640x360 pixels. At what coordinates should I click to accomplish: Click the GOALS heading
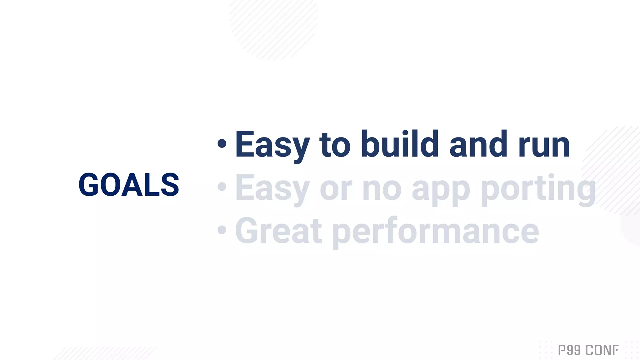pyautogui.click(x=129, y=185)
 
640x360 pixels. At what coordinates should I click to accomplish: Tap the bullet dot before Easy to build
pyautogui.click(x=222, y=144)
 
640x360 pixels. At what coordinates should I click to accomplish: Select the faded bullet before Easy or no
pyautogui.click(x=222, y=187)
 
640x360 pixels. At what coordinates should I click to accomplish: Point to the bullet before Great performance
pyautogui.click(x=222, y=230)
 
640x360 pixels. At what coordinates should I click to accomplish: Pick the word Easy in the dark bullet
pyautogui.click(x=272, y=145)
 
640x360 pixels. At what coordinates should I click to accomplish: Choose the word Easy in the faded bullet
pyautogui.click(x=272, y=188)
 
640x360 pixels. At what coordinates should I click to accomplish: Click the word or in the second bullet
pyautogui.click(x=336, y=189)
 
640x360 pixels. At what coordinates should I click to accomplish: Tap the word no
pyautogui.click(x=382, y=189)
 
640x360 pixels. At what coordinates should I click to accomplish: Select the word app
pyautogui.click(x=441, y=191)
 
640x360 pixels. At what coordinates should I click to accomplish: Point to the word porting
pyautogui.click(x=538, y=189)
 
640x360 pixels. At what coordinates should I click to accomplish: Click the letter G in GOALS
pyautogui.click(x=89, y=185)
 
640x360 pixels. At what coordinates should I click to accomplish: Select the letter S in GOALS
pyautogui.click(x=170, y=185)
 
